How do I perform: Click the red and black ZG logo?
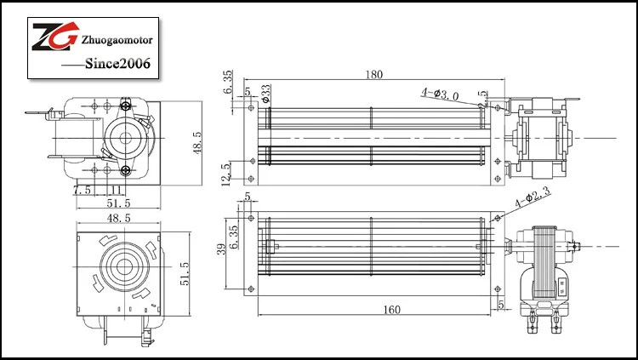tap(54, 38)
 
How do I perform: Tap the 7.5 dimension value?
tap(83, 189)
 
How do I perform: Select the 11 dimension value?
tap(112, 189)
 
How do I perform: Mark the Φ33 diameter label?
tap(265, 94)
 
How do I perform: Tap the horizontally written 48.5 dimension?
tap(117, 218)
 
